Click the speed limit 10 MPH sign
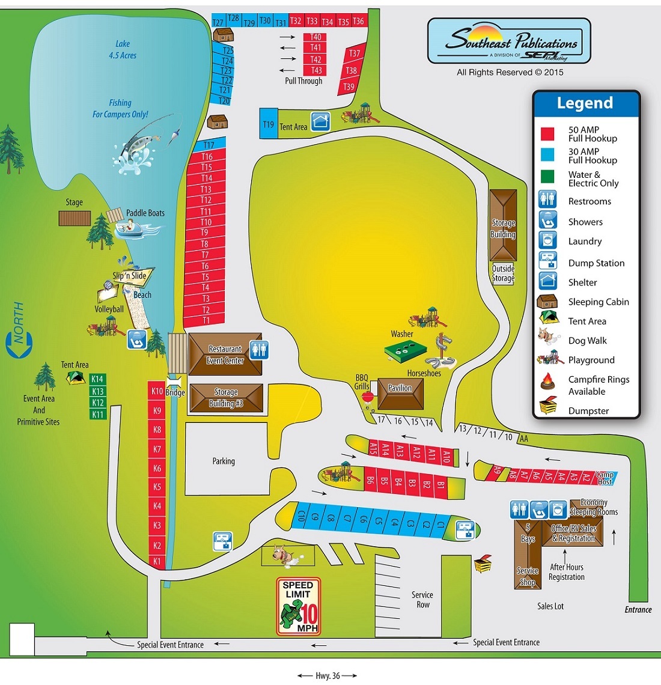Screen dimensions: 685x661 299,607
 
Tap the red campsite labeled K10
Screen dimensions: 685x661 157,391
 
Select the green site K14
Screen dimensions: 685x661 97,379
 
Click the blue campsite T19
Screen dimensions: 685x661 268,124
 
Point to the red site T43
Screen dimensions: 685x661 316,70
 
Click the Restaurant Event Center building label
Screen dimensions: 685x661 225,355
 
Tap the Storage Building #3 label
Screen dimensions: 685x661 226,398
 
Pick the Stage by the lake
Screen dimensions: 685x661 75,218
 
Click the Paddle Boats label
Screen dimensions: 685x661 145,213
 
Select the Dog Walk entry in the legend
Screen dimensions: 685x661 588,341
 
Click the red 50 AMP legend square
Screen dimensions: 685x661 547,133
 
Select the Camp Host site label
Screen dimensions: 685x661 605,478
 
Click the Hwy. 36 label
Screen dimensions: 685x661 327,676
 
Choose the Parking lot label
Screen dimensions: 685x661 224,461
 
